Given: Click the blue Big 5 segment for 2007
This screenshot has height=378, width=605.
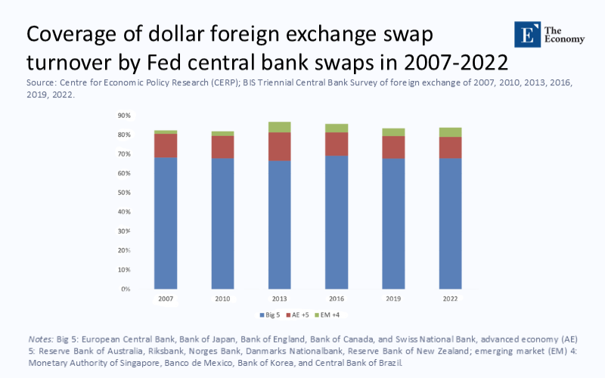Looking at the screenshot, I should [166, 223].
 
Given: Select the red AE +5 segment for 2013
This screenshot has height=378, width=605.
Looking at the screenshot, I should [279, 147].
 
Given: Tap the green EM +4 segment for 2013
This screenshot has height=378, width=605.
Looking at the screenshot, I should [279, 127].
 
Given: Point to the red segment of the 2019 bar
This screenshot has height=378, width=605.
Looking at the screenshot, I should [392, 147].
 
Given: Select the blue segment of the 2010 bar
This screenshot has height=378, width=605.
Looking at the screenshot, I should [222, 224].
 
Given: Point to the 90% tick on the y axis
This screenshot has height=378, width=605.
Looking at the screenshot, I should [125, 116].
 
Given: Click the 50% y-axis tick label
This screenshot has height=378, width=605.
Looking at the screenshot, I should [125, 193].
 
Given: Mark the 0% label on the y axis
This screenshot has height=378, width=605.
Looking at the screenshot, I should [126, 290].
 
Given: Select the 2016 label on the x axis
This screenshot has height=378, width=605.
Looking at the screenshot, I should [336, 299].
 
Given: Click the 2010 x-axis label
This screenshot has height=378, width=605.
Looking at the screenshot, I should [222, 299].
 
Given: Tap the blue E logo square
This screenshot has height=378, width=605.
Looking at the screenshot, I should [526, 35].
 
